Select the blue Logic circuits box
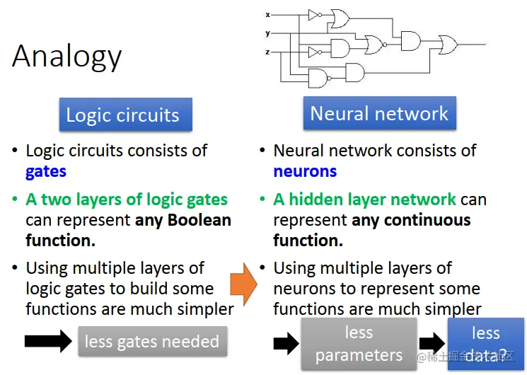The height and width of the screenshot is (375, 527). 123,115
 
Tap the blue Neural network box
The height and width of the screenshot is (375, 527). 379,113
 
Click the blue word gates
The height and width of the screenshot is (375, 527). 46,171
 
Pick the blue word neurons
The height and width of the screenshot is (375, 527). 305,171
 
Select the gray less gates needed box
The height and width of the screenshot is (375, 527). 152,342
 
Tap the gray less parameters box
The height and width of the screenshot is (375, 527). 359,344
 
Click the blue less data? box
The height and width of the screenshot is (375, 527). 485,344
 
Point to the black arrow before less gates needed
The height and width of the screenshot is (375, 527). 48,342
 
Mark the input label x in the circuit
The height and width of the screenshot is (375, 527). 267,14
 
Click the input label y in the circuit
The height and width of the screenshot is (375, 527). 267,33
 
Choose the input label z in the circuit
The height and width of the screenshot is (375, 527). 267,52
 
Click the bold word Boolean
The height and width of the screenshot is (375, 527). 199,220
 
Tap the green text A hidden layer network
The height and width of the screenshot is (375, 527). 364,200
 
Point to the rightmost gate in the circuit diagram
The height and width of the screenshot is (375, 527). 448,44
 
